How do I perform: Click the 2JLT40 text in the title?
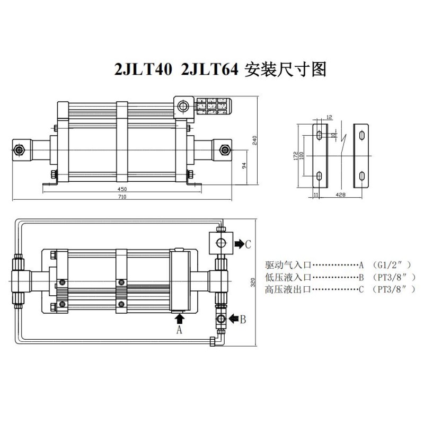point(143,69)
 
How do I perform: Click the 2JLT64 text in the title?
point(209,69)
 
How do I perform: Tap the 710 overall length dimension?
point(122,197)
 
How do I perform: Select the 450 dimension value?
point(122,189)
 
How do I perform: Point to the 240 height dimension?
point(254,140)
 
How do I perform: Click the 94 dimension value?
point(244,165)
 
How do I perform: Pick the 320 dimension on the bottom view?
point(253,282)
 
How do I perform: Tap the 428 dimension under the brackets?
point(340,195)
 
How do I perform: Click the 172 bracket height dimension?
point(296,156)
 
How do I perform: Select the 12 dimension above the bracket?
point(329,117)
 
